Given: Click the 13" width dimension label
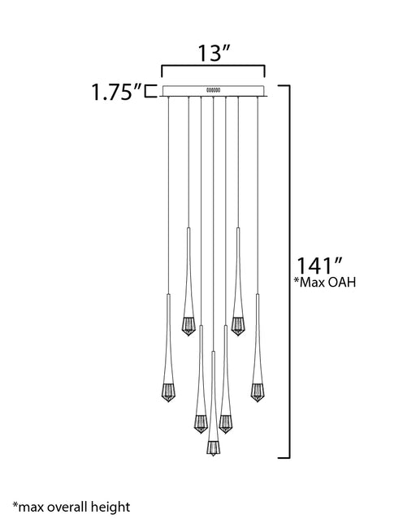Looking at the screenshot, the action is [x=214, y=53].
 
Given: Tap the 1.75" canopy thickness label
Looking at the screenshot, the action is [x=116, y=92].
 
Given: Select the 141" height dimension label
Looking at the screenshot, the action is [x=318, y=266].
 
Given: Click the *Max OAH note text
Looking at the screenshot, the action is [x=325, y=282].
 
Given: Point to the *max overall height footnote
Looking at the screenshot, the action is [x=71, y=507].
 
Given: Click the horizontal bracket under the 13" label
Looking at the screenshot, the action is [x=213, y=67].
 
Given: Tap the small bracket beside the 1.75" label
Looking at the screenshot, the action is [x=149, y=92].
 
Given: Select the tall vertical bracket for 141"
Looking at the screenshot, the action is [x=289, y=272].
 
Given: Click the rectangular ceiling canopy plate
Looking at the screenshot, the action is [x=214, y=90].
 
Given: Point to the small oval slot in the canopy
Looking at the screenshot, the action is [x=214, y=89].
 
